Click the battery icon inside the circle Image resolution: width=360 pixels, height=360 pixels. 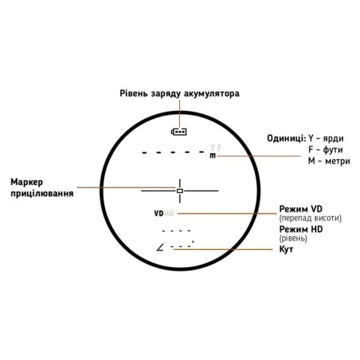(x=179, y=131)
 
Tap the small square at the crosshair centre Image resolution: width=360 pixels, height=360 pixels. (x=180, y=190)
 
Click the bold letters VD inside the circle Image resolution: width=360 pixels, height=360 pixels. (x=159, y=214)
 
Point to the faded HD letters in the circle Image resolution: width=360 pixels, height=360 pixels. (x=169, y=214)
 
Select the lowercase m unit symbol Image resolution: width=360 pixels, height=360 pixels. (x=212, y=155)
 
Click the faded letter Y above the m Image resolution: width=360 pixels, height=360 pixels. (x=212, y=148)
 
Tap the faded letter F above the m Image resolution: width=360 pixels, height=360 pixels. (x=219, y=148)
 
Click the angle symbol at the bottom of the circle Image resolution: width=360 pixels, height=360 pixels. (x=160, y=247)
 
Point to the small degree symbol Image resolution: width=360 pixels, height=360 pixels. (x=193, y=241)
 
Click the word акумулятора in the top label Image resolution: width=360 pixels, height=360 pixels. (x=211, y=94)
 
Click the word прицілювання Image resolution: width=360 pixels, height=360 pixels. (x=42, y=193)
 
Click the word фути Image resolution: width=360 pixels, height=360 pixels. (x=333, y=150)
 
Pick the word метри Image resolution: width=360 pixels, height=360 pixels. (x=337, y=161)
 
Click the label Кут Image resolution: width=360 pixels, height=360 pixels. (x=286, y=249)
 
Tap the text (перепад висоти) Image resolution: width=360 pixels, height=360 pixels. (x=310, y=218)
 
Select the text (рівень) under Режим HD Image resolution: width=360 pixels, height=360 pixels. (x=293, y=238)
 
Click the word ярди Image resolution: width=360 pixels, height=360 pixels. (x=333, y=139)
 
